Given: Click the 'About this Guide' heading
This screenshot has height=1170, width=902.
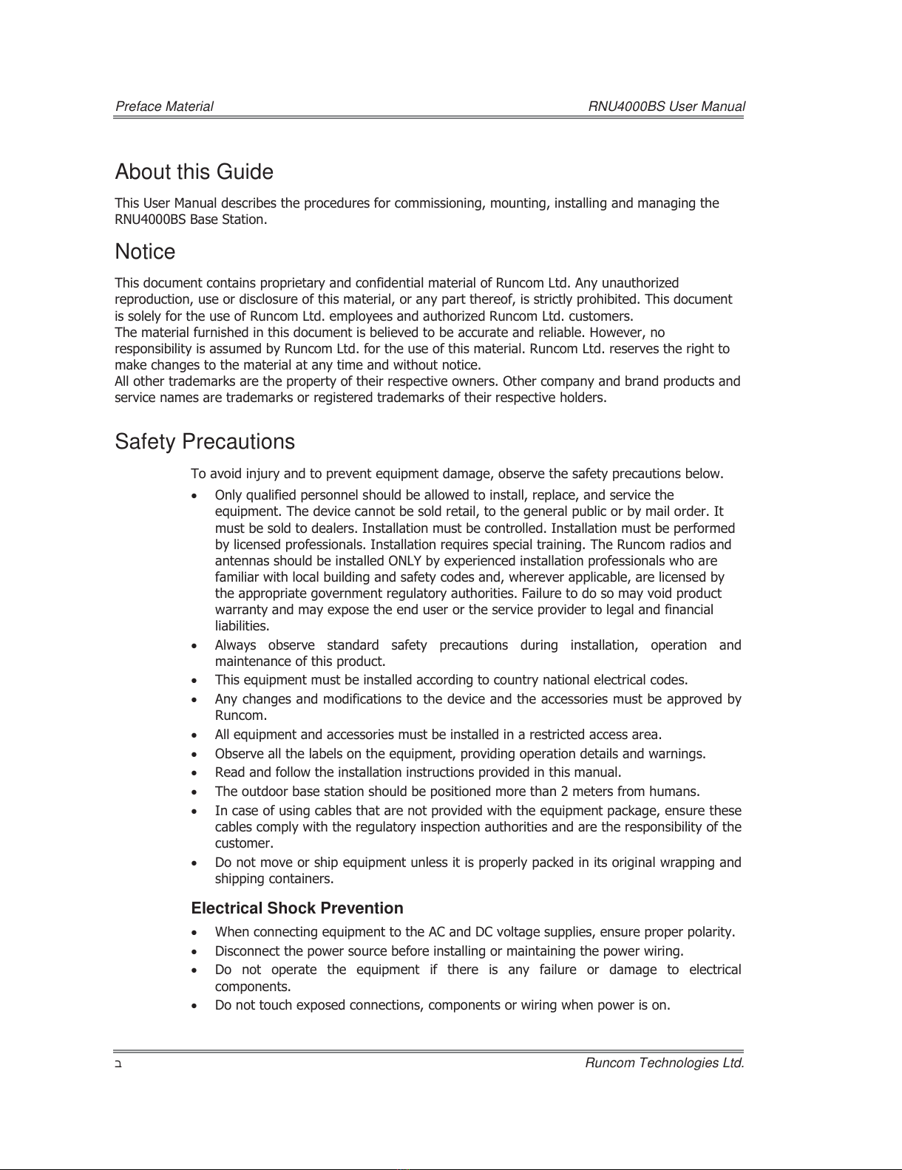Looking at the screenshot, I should click(x=194, y=172).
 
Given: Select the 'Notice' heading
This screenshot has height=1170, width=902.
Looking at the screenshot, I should click(x=145, y=252).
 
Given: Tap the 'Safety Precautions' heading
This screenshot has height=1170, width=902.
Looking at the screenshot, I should click(x=205, y=442).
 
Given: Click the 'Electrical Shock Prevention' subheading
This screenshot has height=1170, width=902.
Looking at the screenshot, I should click(x=297, y=908).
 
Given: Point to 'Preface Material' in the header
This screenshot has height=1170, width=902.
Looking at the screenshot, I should click(x=164, y=106).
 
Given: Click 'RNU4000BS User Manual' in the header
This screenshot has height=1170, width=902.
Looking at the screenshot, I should click(x=666, y=106).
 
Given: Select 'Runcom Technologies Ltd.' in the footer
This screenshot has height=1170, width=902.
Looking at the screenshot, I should click(x=664, y=1063).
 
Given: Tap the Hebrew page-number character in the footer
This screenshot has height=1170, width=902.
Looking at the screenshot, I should click(x=118, y=1064).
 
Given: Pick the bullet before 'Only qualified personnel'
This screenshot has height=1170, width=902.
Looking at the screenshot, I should click(x=194, y=495).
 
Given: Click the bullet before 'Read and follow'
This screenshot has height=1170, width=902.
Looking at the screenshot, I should click(x=194, y=773).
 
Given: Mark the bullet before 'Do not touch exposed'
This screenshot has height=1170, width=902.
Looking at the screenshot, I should click(x=194, y=1005).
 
